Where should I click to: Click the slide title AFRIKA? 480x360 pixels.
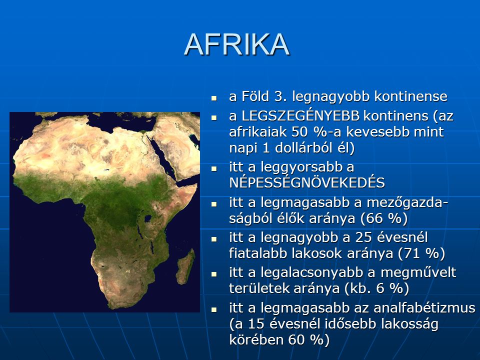237,44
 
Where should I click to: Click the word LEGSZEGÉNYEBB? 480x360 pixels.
300,116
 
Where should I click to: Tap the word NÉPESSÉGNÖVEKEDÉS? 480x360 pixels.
307,183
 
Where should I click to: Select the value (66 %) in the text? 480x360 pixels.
384,218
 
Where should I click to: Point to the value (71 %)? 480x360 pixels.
421,253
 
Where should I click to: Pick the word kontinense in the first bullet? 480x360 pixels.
411,96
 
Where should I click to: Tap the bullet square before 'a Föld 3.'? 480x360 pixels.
214,98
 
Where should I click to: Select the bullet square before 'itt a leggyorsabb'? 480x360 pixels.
214,168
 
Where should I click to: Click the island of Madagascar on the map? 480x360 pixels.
185,266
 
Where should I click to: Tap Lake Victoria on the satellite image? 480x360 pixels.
148,218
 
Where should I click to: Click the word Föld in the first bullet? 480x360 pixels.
255,96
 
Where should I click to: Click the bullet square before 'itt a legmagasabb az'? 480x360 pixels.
214,309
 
